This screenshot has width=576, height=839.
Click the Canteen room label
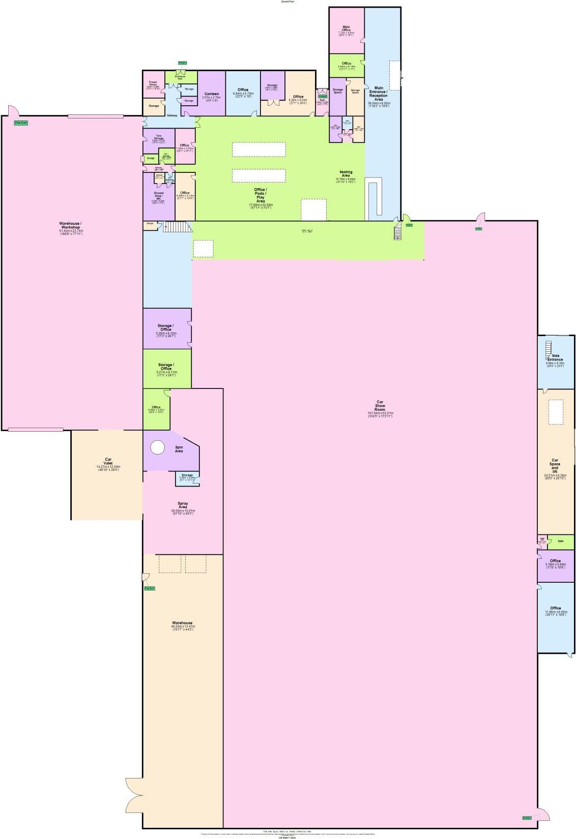tap(211, 94)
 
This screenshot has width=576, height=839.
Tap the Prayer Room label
tap(153, 83)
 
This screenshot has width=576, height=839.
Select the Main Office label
tap(346, 28)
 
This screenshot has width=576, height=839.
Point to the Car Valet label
tap(108, 461)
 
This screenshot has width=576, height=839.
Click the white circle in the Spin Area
tap(158, 447)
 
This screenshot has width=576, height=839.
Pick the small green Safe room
tap(560, 541)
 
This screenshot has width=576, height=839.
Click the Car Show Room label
tap(380, 406)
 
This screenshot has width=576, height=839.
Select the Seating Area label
tap(345, 173)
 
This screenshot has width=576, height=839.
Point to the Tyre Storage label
tap(158, 137)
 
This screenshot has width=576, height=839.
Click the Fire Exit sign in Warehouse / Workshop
tap(21, 123)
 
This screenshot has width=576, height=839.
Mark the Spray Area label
tap(183, 505)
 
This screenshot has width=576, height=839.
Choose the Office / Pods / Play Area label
tap(260, 195)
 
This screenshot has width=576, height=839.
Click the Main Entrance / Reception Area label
tap(379, 94)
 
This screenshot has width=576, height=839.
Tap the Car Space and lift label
tap(555, 466)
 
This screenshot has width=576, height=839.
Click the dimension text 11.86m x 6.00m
tap(555, 612)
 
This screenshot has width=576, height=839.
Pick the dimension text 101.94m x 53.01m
tap(380, 413)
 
